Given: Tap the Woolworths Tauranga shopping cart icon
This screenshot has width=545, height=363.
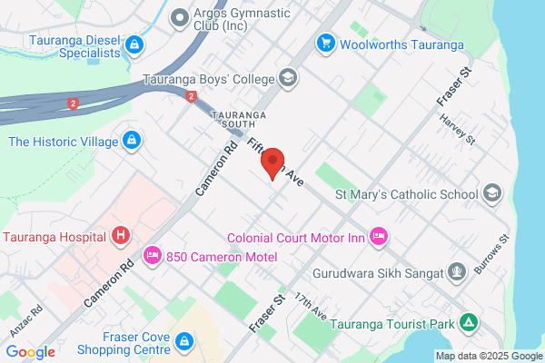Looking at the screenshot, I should pyautogui.click(x=324, y=43).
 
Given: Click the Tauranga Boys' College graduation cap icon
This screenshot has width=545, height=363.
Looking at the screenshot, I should pyautogui.click(x=288, y=77).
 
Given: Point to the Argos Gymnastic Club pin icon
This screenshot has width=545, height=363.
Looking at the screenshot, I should pyautogui.click(x=180, y=15).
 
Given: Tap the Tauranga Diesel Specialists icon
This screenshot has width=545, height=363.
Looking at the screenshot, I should pyautogui.click(x=134, y=44).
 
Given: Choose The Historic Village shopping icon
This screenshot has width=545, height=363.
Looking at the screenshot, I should pyautogui.click(x=132, y=141).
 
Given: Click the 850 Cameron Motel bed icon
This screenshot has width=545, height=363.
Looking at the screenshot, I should pyautogui.click(x=152, y=256).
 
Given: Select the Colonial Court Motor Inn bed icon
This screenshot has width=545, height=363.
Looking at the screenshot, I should pyautogui.click(x=380, y=236).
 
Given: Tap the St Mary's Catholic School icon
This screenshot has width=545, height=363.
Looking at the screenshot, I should pyautogui.click(x=491, y=192).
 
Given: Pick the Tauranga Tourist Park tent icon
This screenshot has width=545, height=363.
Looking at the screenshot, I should pyautogui.click(x=468, y=322).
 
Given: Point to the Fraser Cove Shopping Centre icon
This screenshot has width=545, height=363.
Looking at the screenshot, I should pyautogui.click(x=183, y=341).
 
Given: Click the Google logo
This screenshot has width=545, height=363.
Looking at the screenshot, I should pyautogui.click(x=30, y=352).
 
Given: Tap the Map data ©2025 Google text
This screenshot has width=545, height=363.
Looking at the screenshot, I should pyautogui.click(x=488, y=355).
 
